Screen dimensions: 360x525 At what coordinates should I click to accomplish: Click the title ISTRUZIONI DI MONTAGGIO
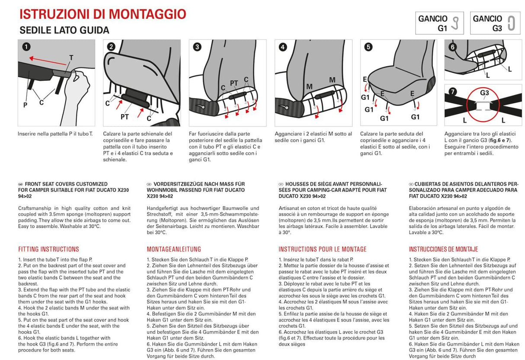(103, 14)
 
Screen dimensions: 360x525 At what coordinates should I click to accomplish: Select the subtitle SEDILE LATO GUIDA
(64, 30)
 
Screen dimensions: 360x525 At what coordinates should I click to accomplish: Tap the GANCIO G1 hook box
(439, 23)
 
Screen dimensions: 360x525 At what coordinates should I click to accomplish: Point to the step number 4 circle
(282, 48)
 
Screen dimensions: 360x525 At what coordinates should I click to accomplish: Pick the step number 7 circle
(452, 92)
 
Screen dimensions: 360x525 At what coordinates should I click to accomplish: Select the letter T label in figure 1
(71, 57)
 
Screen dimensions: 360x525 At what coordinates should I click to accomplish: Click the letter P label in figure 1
(26, 105)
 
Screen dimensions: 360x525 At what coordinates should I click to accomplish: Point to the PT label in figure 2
(125, 117)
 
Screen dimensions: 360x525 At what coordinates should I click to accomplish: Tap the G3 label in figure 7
(484, 92)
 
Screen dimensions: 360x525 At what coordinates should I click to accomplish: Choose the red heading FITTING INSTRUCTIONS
(48, 249)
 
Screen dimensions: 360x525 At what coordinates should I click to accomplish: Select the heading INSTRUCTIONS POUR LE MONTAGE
(322, 249)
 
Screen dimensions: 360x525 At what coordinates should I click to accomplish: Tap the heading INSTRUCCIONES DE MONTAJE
(443, 249)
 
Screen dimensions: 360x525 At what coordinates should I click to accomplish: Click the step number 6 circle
(452, 47)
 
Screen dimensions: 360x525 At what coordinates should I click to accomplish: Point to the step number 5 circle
(368, 48)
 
